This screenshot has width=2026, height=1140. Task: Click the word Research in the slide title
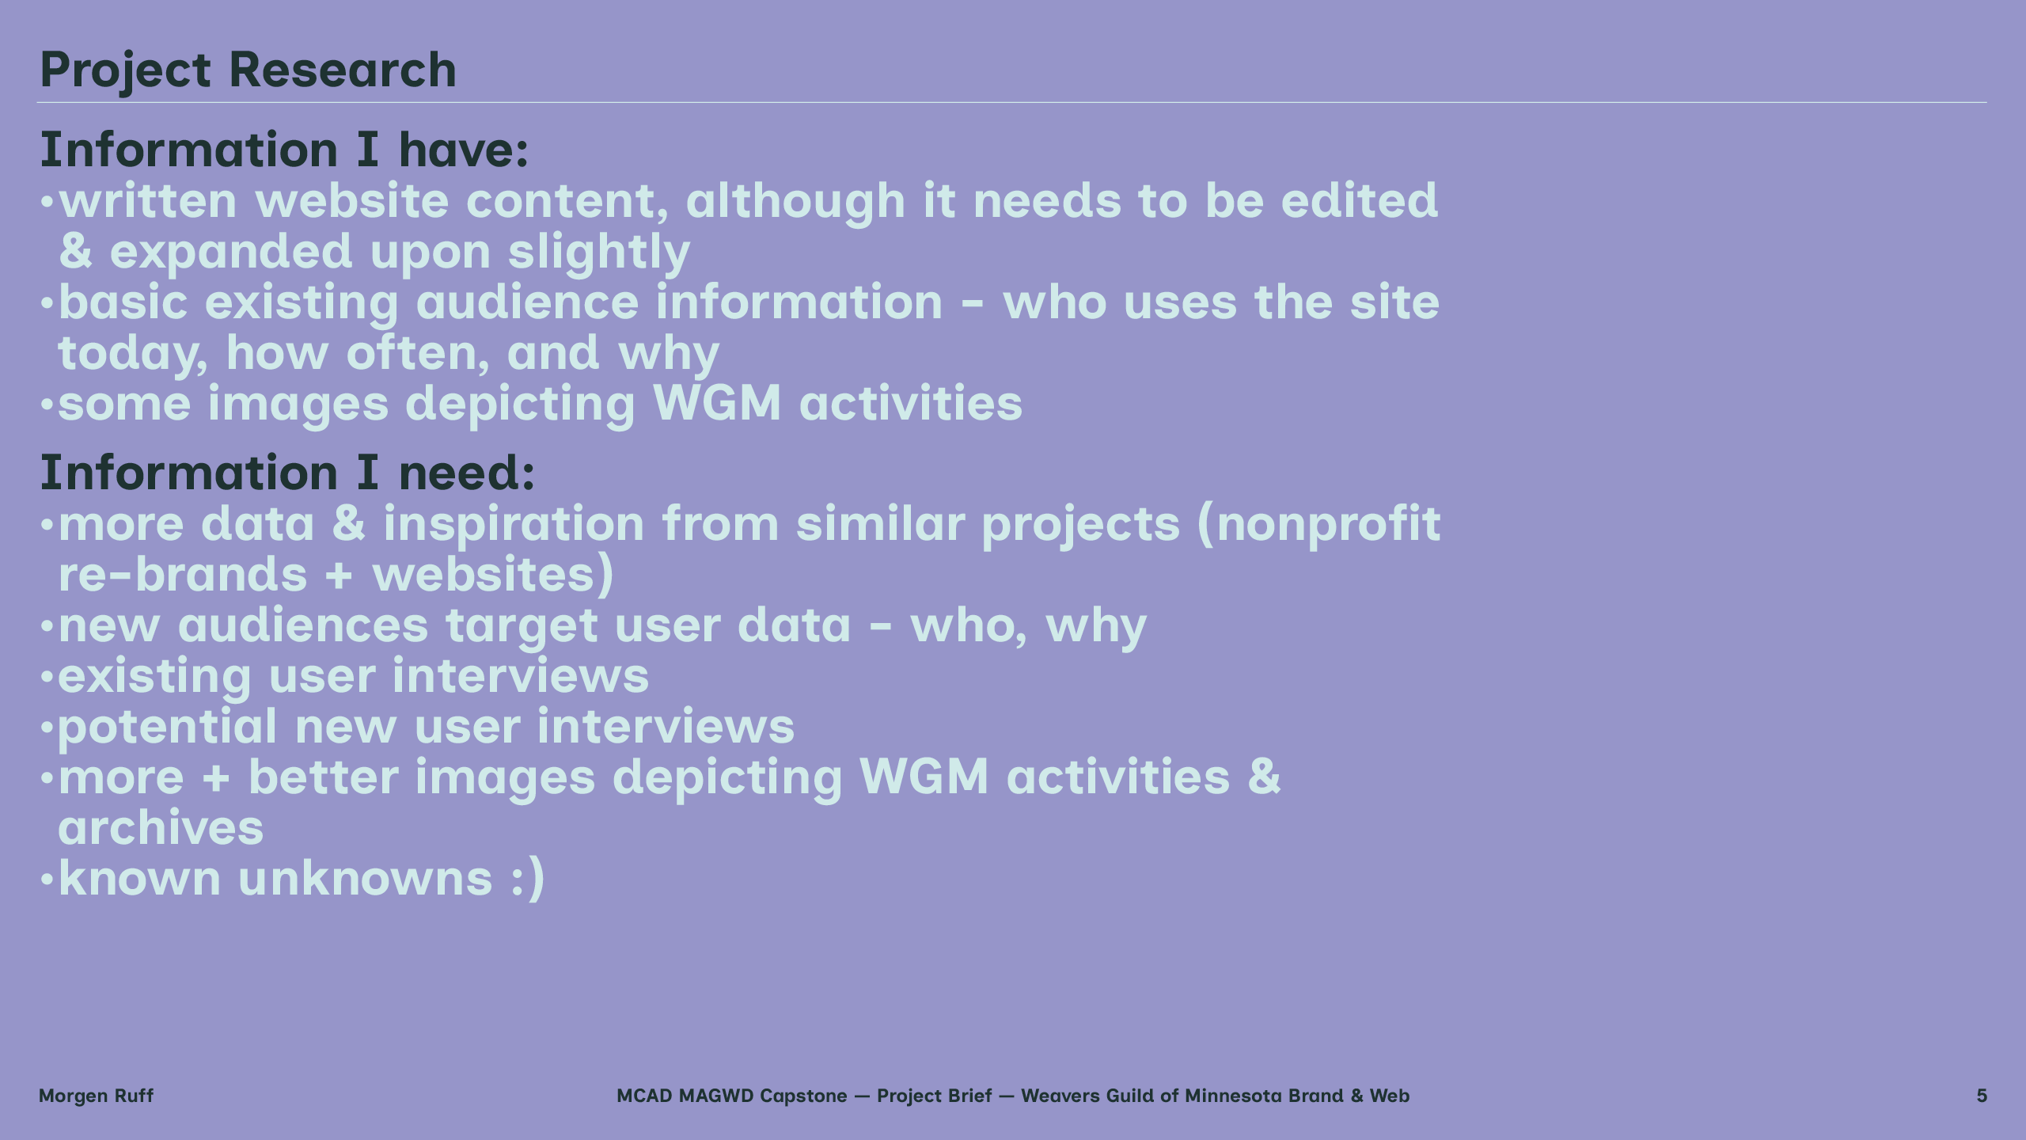pos(343,70)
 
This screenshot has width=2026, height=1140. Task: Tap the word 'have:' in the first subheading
pos(464,150)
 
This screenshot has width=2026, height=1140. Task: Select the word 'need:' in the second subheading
pos(467,473)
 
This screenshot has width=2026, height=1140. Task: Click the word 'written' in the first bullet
pos(148,200)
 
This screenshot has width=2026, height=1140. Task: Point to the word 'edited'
pos(1359,200)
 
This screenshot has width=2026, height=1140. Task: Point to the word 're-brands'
pos(183,574)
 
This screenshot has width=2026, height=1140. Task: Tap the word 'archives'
pos(161,828)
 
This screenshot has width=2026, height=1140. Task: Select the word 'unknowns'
pos(365,878)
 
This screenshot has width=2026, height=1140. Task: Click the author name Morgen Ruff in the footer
pos(96,1096)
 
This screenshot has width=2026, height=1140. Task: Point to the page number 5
pos(1982,1096)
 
